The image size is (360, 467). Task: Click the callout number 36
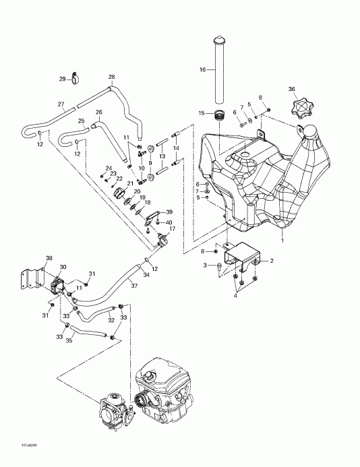coord(291,89)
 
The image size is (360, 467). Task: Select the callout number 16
coord(202,69)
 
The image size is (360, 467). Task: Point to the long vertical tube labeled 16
coord(218,67)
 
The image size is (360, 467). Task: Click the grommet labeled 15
coord(218,115)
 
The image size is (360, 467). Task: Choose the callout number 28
coord(111,77)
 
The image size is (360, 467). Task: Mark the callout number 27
coord(61,104)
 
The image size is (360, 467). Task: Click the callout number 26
coord(98,112)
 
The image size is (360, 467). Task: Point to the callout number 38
coord(49,258)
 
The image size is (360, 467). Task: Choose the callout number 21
coord(129,183)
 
